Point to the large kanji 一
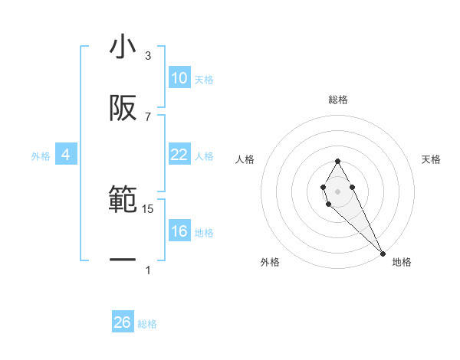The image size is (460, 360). (x=123, y=260)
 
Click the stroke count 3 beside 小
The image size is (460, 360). (x=148, y=56)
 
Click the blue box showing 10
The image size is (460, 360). (x=179, y=78)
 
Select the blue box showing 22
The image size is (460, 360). (x=179, y=155)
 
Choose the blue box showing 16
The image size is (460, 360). (x=179, y=231)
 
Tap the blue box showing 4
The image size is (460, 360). (x=66, y=155)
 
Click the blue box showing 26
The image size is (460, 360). (x=123, y=322)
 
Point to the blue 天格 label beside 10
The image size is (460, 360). (x=204, y=79)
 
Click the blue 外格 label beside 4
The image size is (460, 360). (x=41, y=155)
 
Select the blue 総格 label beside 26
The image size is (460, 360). (x=147, y=323)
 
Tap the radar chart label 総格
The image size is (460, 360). (x=337, y=100)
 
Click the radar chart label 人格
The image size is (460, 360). (x=245, y=159)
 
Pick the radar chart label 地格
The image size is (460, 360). (x=402, y=262)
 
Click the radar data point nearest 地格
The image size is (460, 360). (x=383, y=253)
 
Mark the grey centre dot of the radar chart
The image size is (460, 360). (x=337, y=190)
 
